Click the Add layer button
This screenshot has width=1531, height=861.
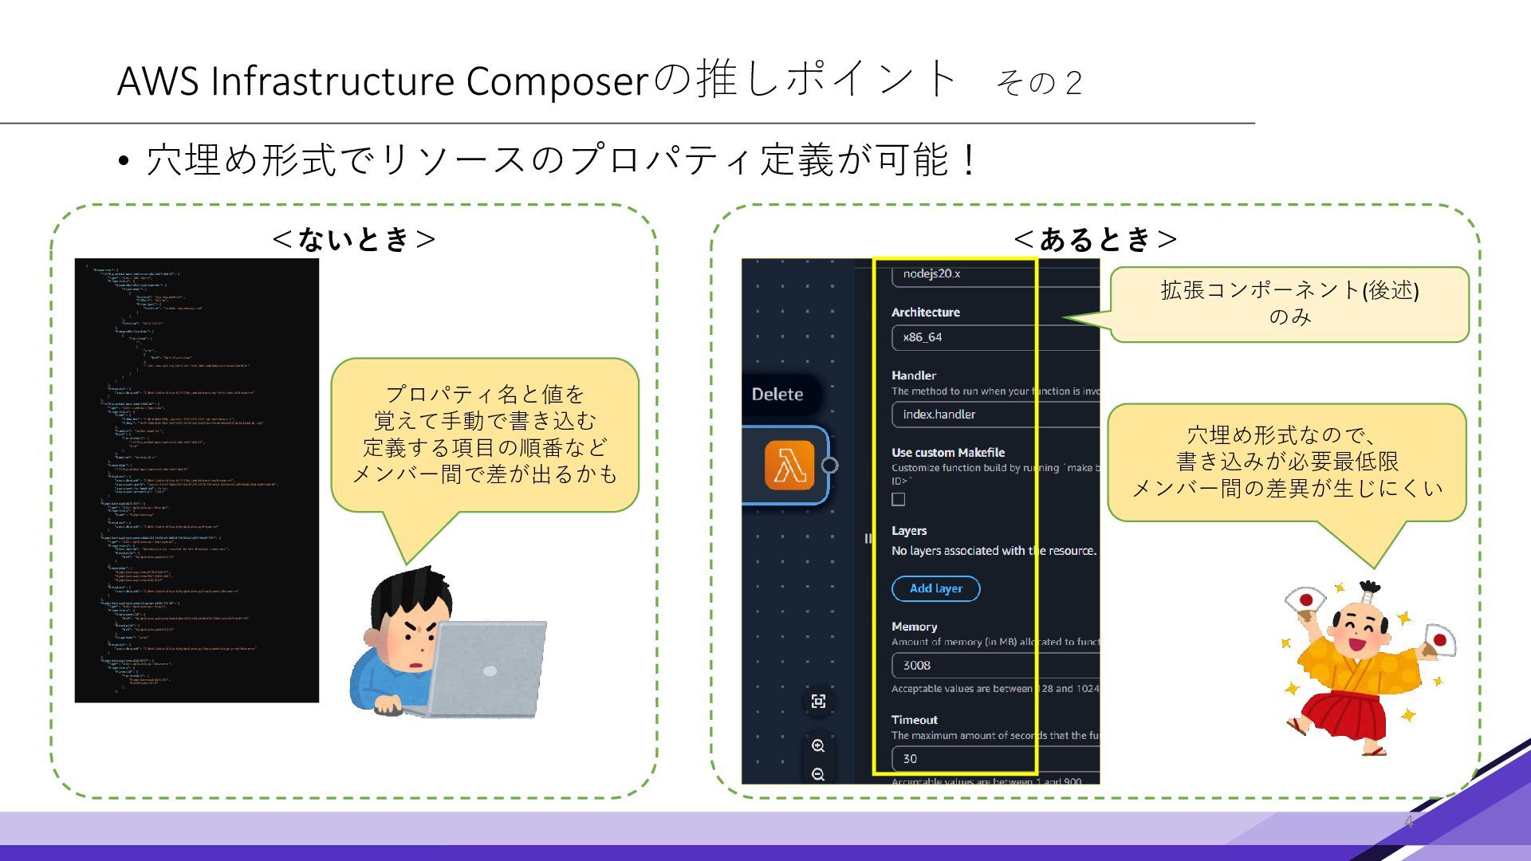[x=935, y=588]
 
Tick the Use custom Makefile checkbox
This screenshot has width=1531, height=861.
[x=899, y=500]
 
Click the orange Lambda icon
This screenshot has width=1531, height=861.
[x=789, y=465]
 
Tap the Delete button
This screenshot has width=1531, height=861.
[x=777, y=395]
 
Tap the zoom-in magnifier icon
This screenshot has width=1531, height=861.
[x=818, y=746]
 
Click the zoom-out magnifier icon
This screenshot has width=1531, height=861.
[x=818, y=774]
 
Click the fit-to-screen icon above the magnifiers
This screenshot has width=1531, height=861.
[x=818, y=702]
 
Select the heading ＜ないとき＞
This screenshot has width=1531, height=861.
[x=353, y=238]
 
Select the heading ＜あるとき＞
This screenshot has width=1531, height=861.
[x=1096, y=238]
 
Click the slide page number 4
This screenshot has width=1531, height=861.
[x=1409, y=822]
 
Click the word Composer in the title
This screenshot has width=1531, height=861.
[x=557, y=81]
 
